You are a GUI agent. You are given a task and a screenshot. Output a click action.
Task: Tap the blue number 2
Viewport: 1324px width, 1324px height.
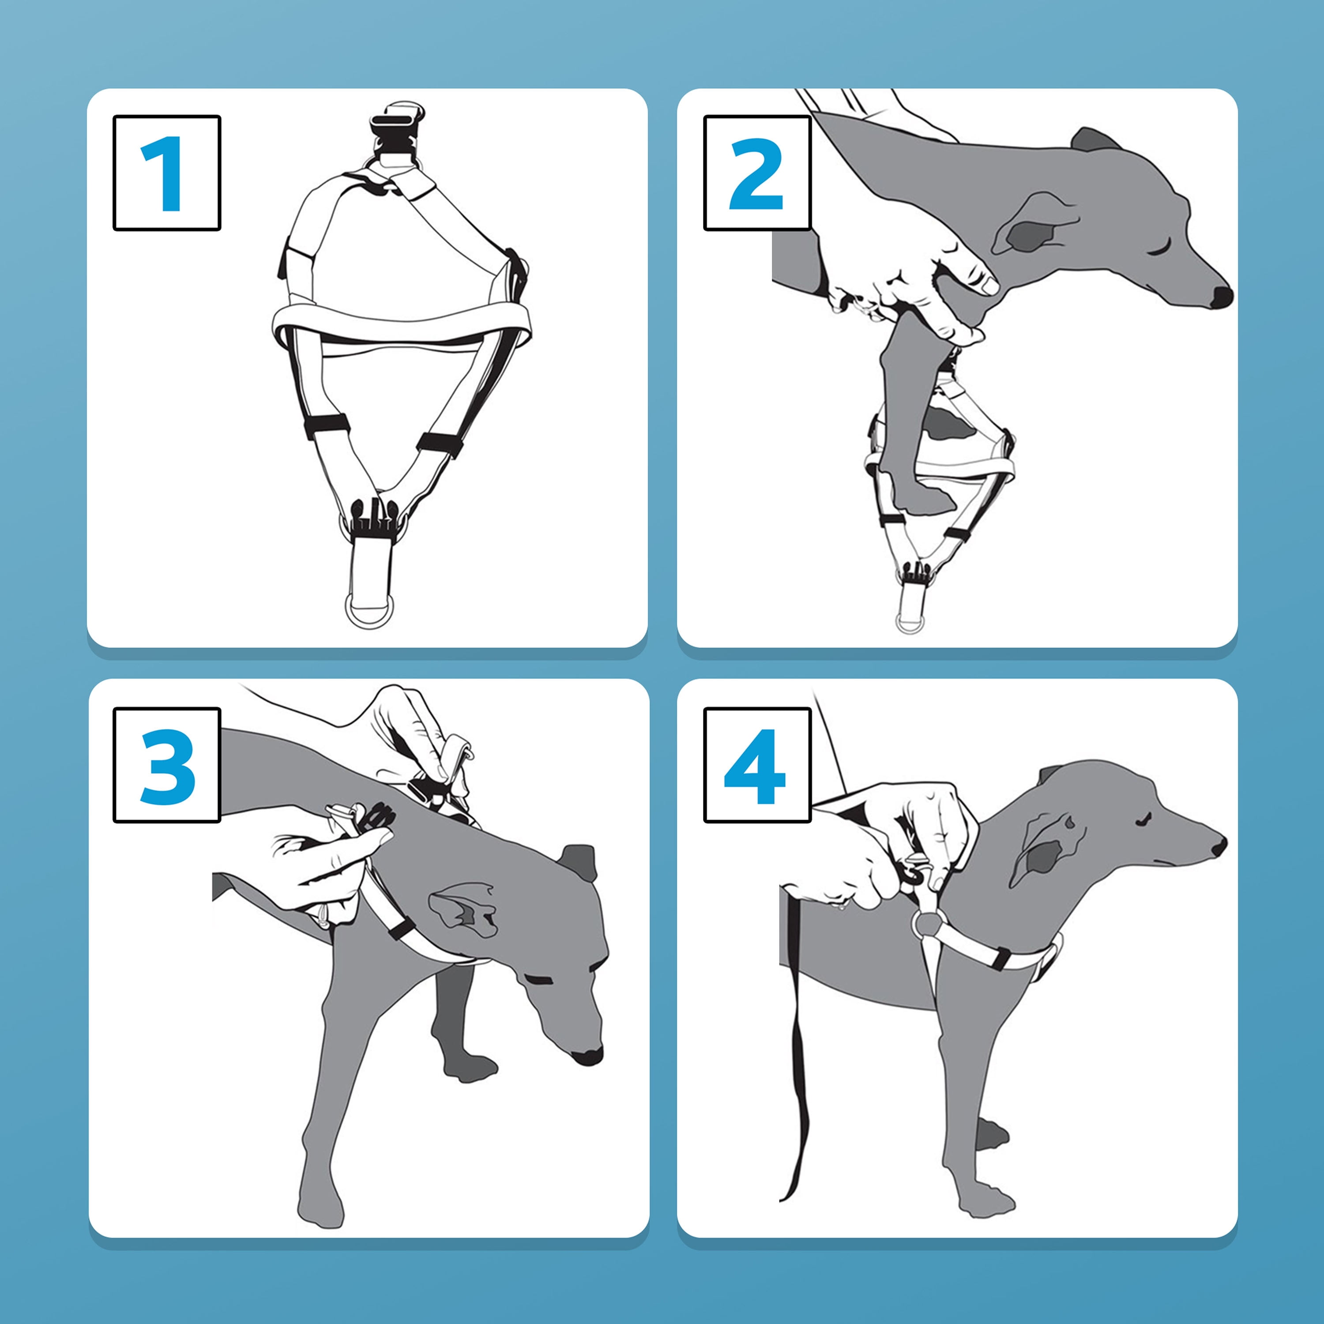(x=756, y=173)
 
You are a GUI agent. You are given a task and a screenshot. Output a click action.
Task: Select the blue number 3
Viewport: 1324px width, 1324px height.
(x=167, y=767)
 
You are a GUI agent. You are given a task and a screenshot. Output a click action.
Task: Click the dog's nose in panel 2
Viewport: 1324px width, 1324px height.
(x=1221, y=297)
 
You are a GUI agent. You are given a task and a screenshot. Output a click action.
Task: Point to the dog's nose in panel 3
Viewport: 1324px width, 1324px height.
(x=587, y=1056)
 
